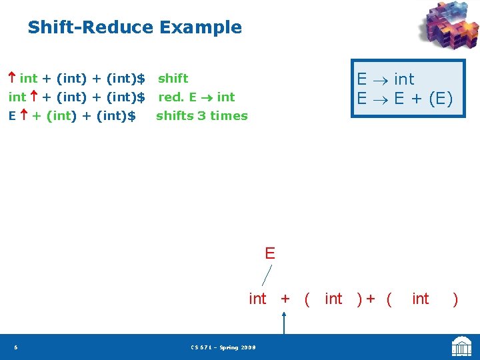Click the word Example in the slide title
[x=200, y=27]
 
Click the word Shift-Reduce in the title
[x=90, y=27]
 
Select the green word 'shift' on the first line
[x=173, y=79]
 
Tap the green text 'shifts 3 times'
[x=201, y=116]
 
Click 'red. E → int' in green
[x=196, y=97]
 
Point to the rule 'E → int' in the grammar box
[x=385, y=79]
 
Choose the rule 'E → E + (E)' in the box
[x=404, y=99]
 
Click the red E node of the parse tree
[x=269, y=253]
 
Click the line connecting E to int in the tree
[x=267, y=275]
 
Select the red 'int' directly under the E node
[x=257, y=299]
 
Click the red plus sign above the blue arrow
[x=285, y=299]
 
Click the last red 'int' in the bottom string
[x=421, y=299]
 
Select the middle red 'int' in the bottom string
[x=333, y=299]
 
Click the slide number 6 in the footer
[x=15, y=347]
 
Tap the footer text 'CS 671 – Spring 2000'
[x=223, y=347]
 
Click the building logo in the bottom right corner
[x=461, y=347]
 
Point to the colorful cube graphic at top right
[x=448, y=27]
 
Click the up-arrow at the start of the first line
[x=12, y=79]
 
